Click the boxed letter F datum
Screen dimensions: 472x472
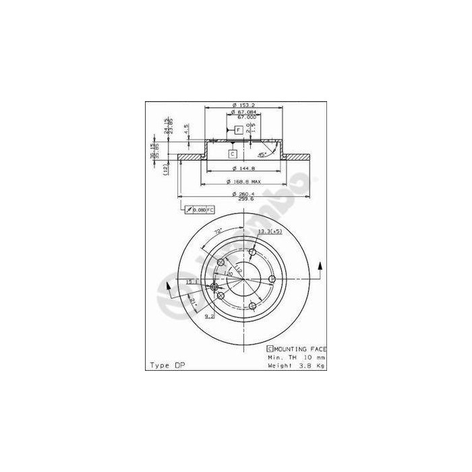pyautogui.click(x=239, y=129)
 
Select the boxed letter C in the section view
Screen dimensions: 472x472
pyautogui.click(x=233, y=154)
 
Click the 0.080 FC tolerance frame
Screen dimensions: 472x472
pyautogui.click(x=199, y=210)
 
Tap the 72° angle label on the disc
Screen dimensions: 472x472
pyautogui.click(x=218, y=232)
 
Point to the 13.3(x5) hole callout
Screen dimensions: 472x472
pyautogui.click(x=270, y=231)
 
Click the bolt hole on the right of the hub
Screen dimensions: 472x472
pyautogui.click(x=272, y=279)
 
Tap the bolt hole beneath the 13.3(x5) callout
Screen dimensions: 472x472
pyautogui.click(x=253, y=254)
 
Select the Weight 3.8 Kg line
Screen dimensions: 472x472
pyautogui.click(x=295, y=365)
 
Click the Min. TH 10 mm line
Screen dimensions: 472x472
pyautogui.click(x=295, y=357)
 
